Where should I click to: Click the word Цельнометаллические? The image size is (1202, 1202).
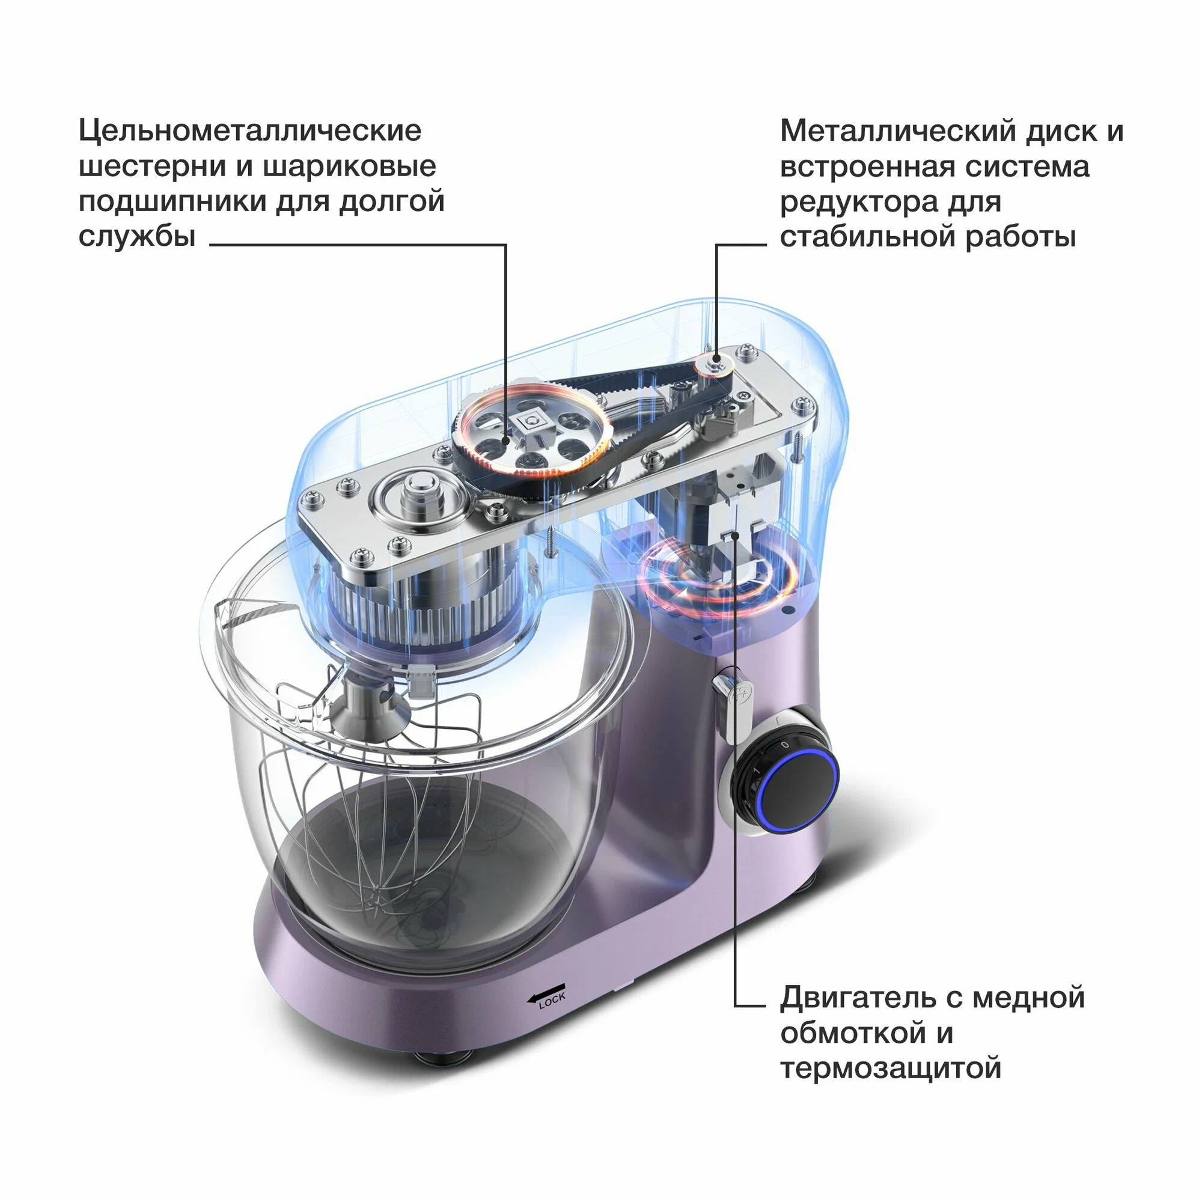(250, 131)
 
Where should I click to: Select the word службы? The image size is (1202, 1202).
(138, 236)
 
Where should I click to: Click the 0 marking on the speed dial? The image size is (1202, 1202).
(784, 744)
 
